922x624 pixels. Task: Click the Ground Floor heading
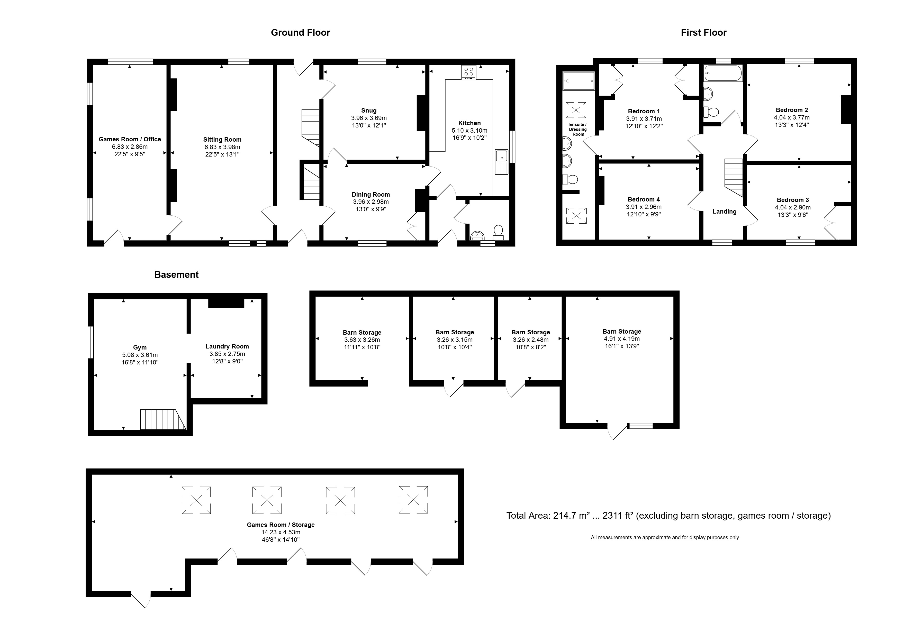(x=300, y=32)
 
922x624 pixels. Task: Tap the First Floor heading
(x=703, y=32)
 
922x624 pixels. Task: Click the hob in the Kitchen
(x=468, y=72)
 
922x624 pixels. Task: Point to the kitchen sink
(x=501, y=162)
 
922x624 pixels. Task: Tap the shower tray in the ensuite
(x=578, y=81)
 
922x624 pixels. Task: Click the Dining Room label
(x=370, y=194)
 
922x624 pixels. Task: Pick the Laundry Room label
(x=227, y=346)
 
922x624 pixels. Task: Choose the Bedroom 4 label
(x=644, y=199)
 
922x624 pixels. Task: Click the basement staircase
(x=163, y=419)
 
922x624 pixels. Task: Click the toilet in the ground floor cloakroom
(x=498, y=232)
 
